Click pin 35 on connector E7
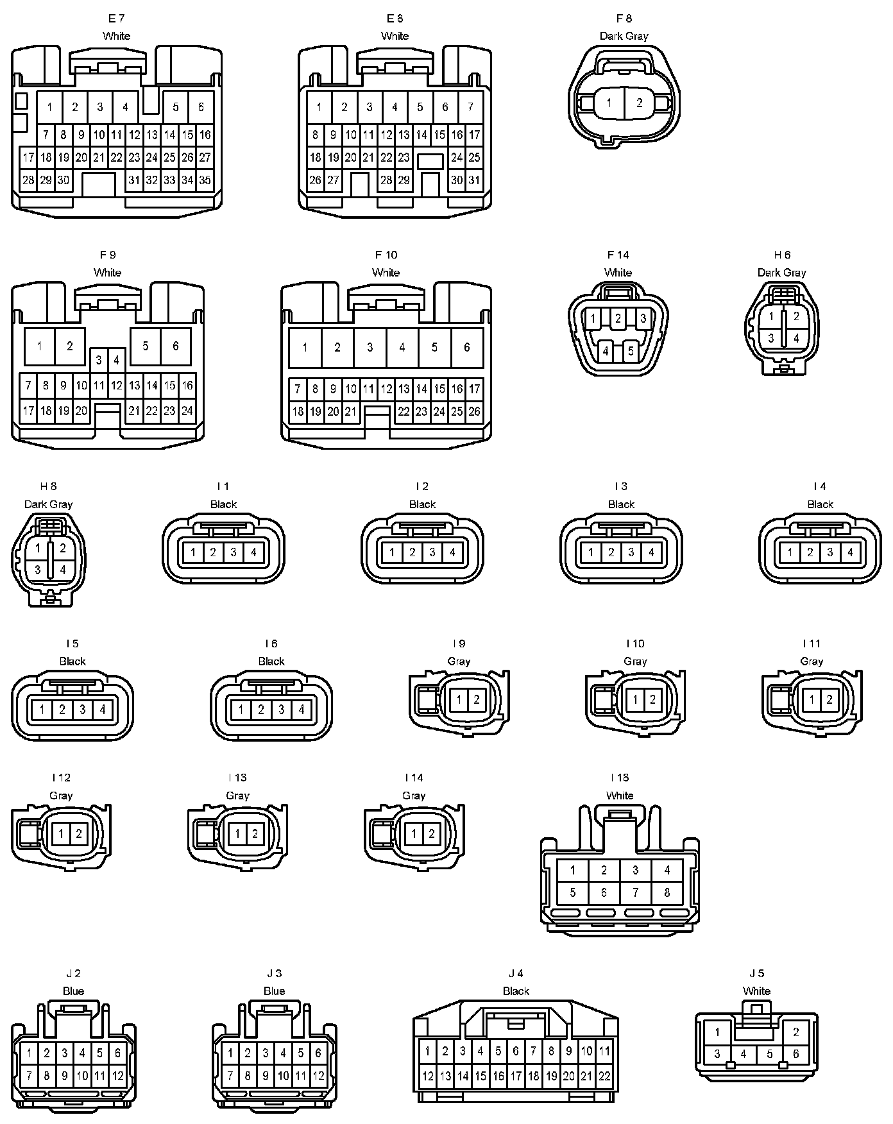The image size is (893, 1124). (205, 180)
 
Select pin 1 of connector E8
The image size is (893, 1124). (319, 107)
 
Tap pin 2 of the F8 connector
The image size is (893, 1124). (639, 103)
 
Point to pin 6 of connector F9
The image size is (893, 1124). (175, 346)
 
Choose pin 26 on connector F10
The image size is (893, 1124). (474, 412)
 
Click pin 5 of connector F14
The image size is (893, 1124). (631, 351)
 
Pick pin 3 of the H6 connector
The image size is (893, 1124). (771, 338)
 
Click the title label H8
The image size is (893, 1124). (48, 486)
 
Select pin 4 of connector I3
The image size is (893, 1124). (651, 552)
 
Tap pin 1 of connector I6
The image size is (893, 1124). (241, 710)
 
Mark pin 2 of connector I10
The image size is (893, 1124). (652, 700)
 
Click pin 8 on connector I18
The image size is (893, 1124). (667, 892)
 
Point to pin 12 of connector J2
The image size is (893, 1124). (117, 1076)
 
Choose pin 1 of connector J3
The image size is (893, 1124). (230, 1053)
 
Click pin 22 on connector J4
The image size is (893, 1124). (604, 1076)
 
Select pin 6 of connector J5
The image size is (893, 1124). (796, 1053)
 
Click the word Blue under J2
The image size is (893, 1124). (73, 991)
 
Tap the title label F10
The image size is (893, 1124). (386, 255)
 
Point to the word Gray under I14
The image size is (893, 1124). (414, 796)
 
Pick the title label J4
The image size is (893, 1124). (516, 973)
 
